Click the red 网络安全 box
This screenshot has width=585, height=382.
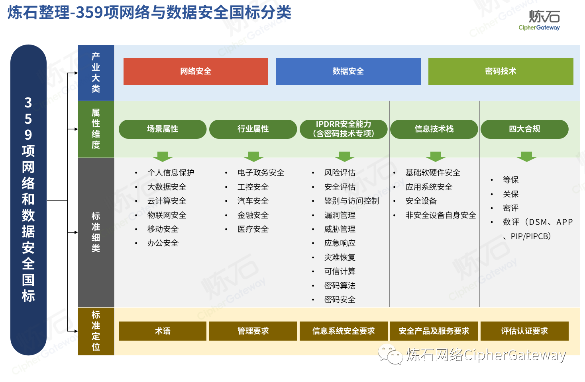tap(196, 71)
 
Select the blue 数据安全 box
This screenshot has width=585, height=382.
tap(348, 71)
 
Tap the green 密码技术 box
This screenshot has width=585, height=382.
tap(501, 71)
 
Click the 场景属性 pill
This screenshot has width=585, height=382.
tap(163, 129)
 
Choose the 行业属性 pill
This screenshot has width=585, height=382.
tap(253, 129)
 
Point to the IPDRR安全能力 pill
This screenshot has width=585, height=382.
tap(344, 129)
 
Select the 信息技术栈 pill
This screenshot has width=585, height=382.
tap(434, 129)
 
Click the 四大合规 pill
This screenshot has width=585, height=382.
tap(524, 129)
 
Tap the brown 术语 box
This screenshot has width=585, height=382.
tap(163, 331)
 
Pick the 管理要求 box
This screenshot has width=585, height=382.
tap(253, 331)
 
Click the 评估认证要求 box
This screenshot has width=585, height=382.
tap(524, 331)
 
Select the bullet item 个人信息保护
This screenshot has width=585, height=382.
tap(171, 172)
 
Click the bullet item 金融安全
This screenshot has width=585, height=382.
tap(253, 215)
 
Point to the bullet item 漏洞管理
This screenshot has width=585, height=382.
tap(340, 215)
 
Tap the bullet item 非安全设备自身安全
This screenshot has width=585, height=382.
tap(441, 215)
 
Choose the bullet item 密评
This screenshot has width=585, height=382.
tap(510, 208)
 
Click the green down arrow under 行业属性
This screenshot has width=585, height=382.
tap(253, 156)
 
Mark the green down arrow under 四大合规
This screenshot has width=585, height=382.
tap(526, 156)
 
